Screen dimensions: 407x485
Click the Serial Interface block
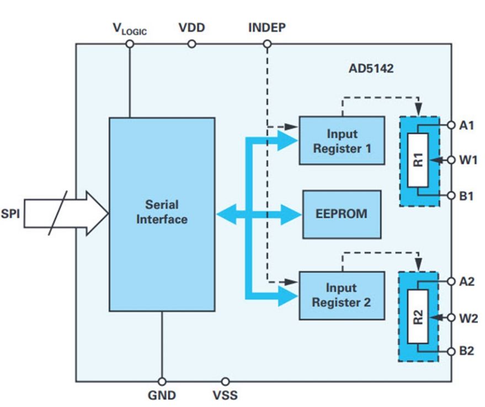162,214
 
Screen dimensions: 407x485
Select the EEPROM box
342,214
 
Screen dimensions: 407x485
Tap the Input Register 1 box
342,140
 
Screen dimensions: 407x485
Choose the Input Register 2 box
341,295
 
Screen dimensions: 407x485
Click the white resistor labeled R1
419,160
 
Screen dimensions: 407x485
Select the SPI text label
10,213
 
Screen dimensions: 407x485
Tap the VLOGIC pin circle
130,44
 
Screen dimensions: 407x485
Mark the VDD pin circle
191,44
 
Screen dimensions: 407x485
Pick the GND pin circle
162,381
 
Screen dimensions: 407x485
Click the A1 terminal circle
451,125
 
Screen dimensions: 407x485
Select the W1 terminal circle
451,161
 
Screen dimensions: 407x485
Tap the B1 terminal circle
451,196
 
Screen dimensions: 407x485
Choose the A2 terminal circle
451,281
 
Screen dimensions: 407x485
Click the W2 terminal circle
451,318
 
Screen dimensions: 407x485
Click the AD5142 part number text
371,70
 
